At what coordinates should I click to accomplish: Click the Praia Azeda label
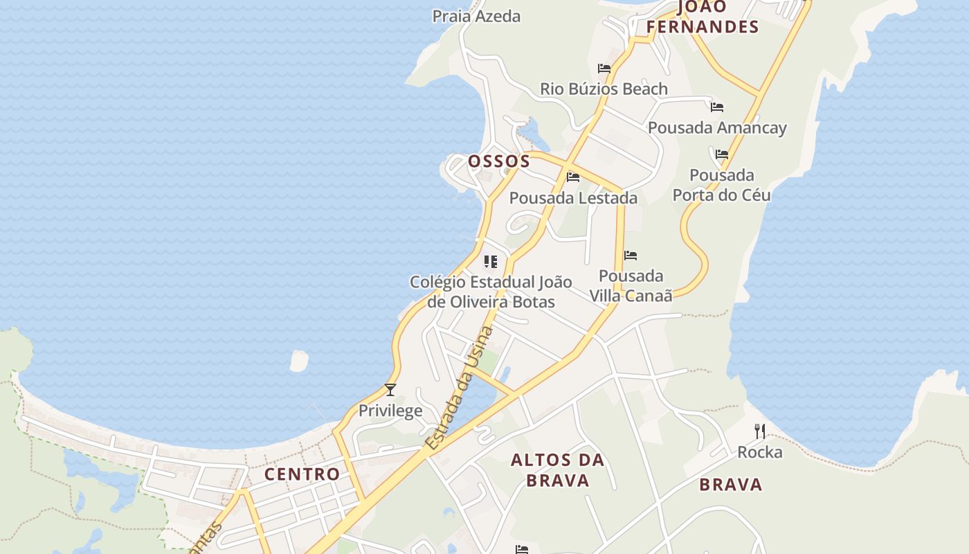476,16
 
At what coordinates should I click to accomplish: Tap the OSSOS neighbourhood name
499,162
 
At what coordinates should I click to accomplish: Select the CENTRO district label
302,474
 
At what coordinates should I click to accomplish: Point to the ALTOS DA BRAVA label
557,470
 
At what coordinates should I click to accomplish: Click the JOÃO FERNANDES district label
703,17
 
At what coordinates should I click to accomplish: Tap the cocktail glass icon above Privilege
390,390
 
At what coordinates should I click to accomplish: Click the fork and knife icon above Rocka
760,431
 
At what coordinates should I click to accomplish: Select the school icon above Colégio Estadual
491,262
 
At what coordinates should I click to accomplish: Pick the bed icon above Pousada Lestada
573,177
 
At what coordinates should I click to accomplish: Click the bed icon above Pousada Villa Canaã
631,256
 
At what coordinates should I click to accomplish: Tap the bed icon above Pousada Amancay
717,107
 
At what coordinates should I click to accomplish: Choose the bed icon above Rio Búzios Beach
604,69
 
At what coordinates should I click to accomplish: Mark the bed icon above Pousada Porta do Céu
722,154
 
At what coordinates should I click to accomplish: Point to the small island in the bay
299,361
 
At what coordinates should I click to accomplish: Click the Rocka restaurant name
760,453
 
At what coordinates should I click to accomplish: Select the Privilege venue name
390,411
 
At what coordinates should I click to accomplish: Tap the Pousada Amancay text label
717,128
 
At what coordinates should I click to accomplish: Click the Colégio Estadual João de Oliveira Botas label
491,292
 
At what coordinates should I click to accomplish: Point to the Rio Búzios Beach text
604,89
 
